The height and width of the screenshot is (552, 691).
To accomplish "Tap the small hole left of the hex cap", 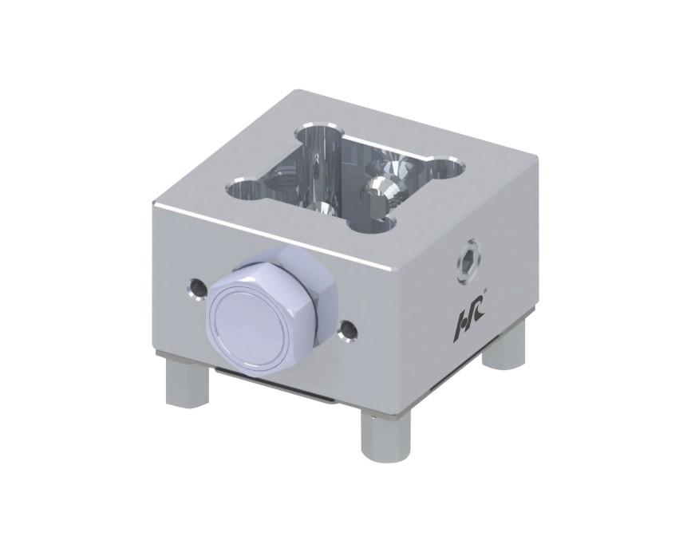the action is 197,289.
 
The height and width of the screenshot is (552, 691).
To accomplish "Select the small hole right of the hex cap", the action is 349,329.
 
